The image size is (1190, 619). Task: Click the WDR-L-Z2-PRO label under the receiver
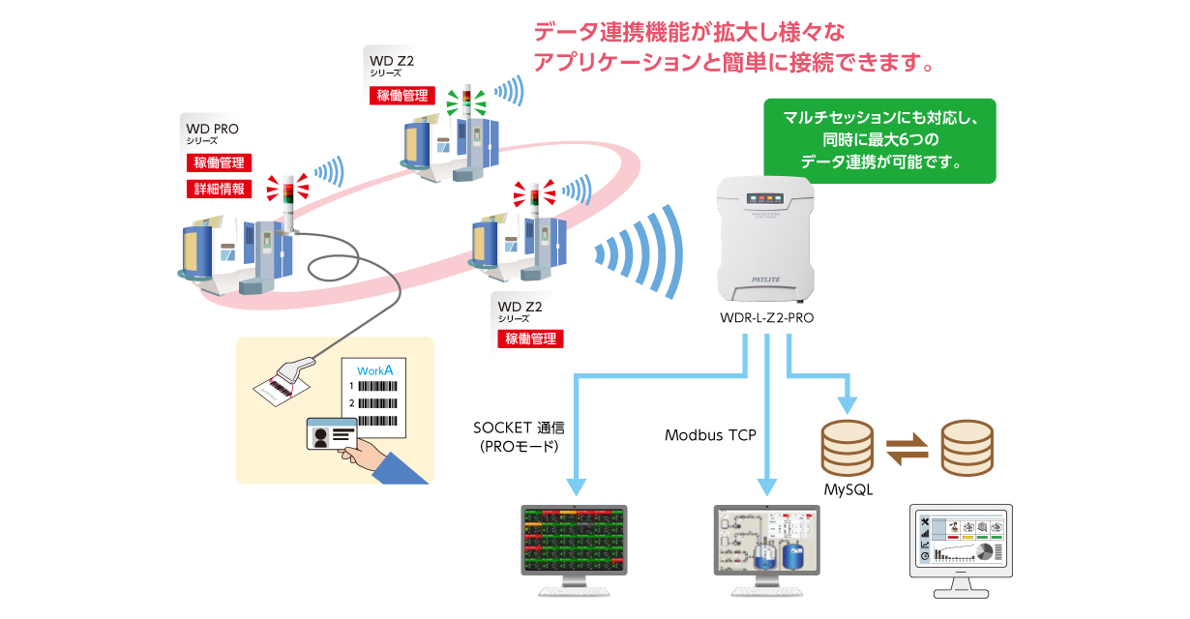tap(767, 316)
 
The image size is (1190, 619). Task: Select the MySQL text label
tap(848, 489)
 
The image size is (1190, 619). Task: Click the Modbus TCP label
tap(709, 434)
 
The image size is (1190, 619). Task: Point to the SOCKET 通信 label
tap(520, 427)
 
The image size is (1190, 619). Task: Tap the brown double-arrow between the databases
tap(907, 447)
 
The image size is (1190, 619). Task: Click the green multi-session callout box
tap(878, 140)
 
